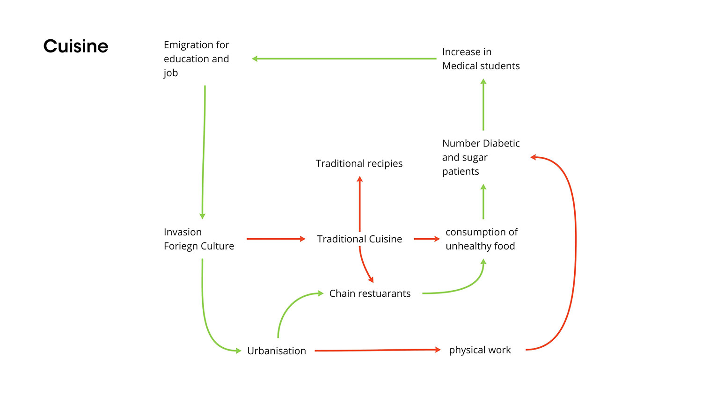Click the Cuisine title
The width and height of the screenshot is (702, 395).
pos(76,46)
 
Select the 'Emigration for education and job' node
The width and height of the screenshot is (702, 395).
pos(197,59)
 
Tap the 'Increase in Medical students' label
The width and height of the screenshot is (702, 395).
pos(481,59)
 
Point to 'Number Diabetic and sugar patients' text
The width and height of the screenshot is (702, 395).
pos(481,157)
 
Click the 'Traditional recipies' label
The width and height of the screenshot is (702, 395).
pos(359,163)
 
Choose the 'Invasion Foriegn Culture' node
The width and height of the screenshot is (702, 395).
pos(199,239)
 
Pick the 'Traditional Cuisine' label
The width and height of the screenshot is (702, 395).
pos(359,239)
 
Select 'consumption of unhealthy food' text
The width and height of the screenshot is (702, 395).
pos(481,239)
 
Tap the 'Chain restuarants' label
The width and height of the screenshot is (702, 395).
pos(370,293)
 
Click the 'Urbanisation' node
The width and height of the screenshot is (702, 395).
pos(276,351)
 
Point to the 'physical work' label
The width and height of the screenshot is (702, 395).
pos(480,350)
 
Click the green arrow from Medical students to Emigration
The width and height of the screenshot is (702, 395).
pos(344,59)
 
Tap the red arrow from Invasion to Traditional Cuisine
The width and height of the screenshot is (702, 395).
pos(276,239)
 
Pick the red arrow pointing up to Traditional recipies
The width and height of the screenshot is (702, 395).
pos(359,204)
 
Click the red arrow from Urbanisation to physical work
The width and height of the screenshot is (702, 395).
pos(377,350)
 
